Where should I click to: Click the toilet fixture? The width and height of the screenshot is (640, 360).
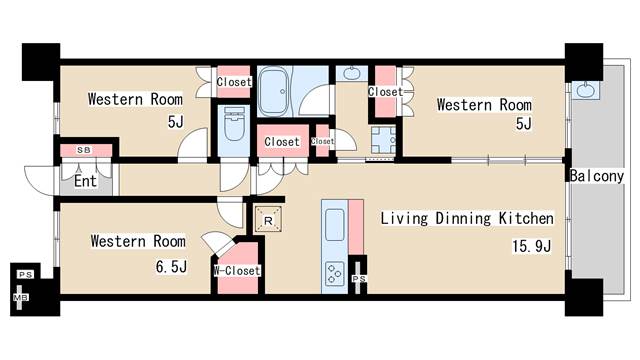point(234,124)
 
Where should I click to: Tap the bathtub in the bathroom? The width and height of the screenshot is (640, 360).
point(274,92)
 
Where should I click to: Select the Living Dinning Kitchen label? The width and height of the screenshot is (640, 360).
point(467,218)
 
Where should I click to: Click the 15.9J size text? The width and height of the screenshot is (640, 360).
point(532,246)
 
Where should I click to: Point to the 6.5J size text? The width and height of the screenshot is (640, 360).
point(171,267)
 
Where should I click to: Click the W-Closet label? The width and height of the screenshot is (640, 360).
point(237,271)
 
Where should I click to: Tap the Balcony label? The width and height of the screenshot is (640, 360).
point(597,176)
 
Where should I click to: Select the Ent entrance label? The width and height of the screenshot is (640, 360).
point(85,181)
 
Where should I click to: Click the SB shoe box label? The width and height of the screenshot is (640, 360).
point(84,150)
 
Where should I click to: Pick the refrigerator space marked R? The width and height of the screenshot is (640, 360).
point(268,219)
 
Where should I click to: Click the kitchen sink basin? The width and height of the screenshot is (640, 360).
point(335,224)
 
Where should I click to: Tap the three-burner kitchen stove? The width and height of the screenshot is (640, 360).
point(335,273)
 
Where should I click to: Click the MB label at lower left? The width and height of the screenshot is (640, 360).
point(20,298)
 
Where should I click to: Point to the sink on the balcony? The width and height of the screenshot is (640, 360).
point(586,90)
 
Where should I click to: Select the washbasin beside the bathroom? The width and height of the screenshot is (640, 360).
point(351,73)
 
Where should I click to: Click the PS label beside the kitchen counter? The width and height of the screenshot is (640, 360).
point(359,279)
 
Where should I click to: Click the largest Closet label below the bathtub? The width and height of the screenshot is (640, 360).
point(282,142)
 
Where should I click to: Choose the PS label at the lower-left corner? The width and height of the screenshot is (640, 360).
point(25,275)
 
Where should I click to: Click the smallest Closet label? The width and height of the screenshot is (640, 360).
point(322,141)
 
